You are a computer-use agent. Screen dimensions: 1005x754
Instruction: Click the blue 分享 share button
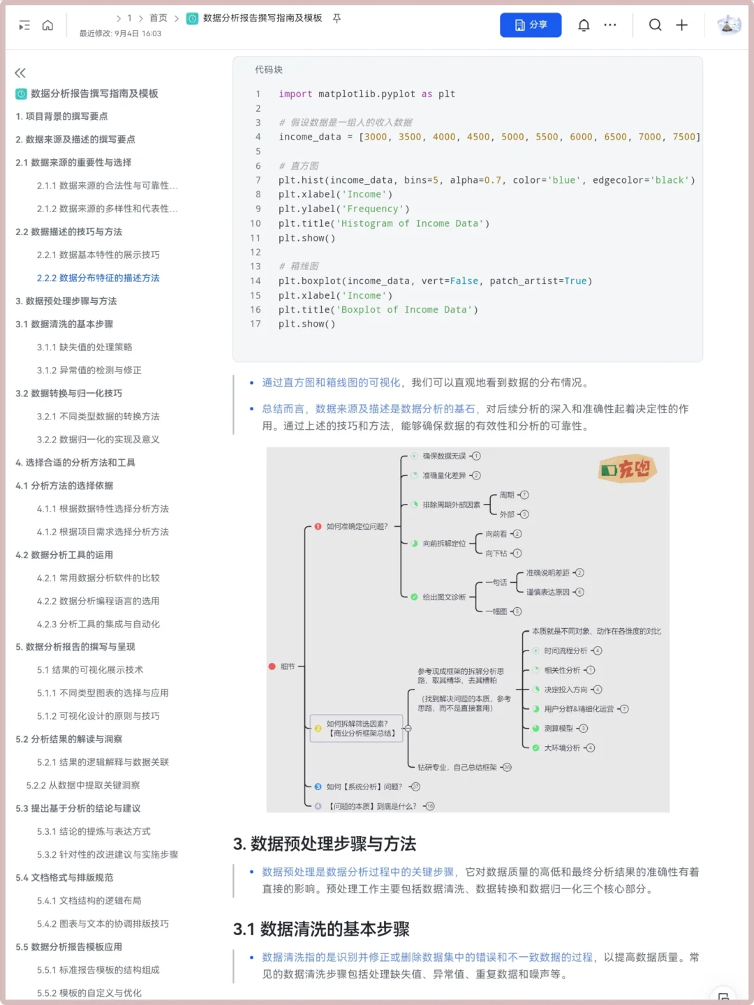[x=531, y=25]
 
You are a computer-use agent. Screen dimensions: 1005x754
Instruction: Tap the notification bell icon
[x=584, y=25]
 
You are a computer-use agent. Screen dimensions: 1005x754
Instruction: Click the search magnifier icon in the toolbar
[x=655, y=25]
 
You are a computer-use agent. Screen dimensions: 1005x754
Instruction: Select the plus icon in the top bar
[x=682, y=25]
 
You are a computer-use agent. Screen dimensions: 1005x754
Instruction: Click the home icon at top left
[x=47, y=26]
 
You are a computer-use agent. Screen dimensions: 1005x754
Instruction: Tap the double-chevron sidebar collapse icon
[x=20, y=73]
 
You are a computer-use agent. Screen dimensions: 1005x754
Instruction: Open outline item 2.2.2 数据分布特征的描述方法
[x=98, y=278]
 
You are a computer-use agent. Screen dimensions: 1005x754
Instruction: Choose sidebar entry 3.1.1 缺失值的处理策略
[x=84, y=347]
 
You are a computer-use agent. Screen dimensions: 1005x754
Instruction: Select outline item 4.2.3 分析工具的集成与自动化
[x=98, y=624]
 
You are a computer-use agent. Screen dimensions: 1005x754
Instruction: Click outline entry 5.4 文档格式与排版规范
[x=64, y=877]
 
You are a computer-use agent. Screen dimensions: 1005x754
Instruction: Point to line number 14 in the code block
[x=256, y=281]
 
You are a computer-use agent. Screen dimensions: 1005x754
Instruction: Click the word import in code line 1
[x=295, y=94]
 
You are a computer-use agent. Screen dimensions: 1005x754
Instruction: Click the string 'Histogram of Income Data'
[x=413, y=223]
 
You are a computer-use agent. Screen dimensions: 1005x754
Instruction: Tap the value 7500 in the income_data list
[x=683, y=137]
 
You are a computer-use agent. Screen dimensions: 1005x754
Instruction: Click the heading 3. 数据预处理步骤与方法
[x=325, y=844]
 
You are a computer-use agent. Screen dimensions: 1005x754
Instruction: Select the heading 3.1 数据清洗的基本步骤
[x=321, y=929]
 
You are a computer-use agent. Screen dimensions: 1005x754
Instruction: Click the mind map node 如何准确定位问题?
[x=357, y=526]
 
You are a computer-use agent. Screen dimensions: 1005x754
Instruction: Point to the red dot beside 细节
[x=272, y=667]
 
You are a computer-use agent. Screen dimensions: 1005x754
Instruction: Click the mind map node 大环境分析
[x=562, y=747]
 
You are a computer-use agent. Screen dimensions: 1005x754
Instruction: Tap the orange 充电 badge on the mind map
[x=628, y=469]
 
